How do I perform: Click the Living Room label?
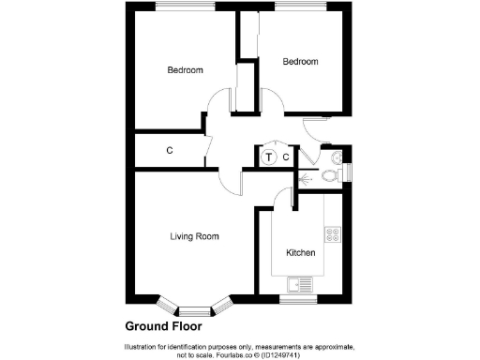(x=194, y=236)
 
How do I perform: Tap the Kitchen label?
(x=300, y=253)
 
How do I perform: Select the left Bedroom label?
(x=185, y=70)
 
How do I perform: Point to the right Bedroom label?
(x=301, y=62)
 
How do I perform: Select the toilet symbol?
(x=329, y=174)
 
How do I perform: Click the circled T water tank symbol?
(x=269, y=157)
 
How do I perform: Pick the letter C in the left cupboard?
(x=170, y=150)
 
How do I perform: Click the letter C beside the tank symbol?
(x=286, y=157)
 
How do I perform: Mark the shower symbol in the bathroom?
(x=305, y=174)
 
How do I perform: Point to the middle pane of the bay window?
(x=194, y=310)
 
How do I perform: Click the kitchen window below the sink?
(x=299, y=299)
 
